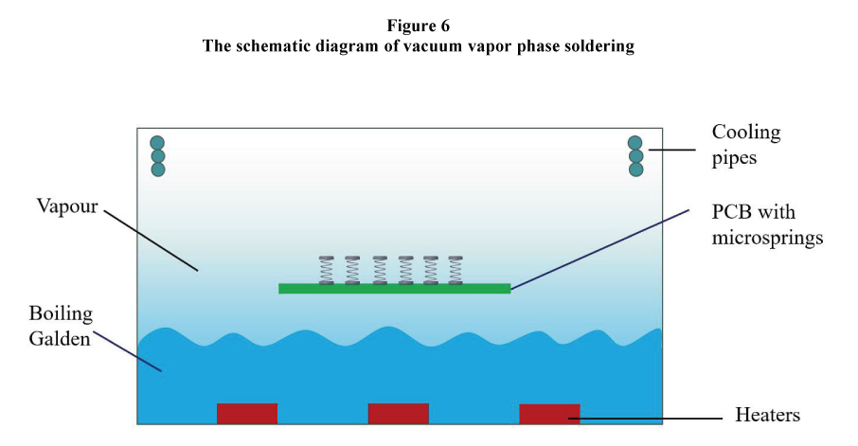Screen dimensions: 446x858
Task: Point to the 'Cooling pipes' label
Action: tap(746, 145)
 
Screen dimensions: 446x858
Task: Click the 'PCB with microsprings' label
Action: tap(767, 224)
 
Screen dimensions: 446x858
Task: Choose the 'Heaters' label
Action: tap(767, 415)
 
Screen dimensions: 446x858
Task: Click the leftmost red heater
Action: tap(247, 414)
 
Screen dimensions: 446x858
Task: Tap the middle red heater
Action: tap(398, 414)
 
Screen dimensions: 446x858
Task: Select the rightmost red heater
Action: tap(549, 414)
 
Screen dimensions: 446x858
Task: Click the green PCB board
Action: tap(394, 288)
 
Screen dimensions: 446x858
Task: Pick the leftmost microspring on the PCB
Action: tap(327, 270)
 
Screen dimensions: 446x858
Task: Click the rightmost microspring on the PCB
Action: tap(456, 270)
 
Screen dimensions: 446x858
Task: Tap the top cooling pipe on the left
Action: tap(158, 143)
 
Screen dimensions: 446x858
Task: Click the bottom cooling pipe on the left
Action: tap(158, 169)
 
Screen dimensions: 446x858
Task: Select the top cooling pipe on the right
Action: tap(635, 143)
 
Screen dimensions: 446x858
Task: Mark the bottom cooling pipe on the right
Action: tap(635, 169)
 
